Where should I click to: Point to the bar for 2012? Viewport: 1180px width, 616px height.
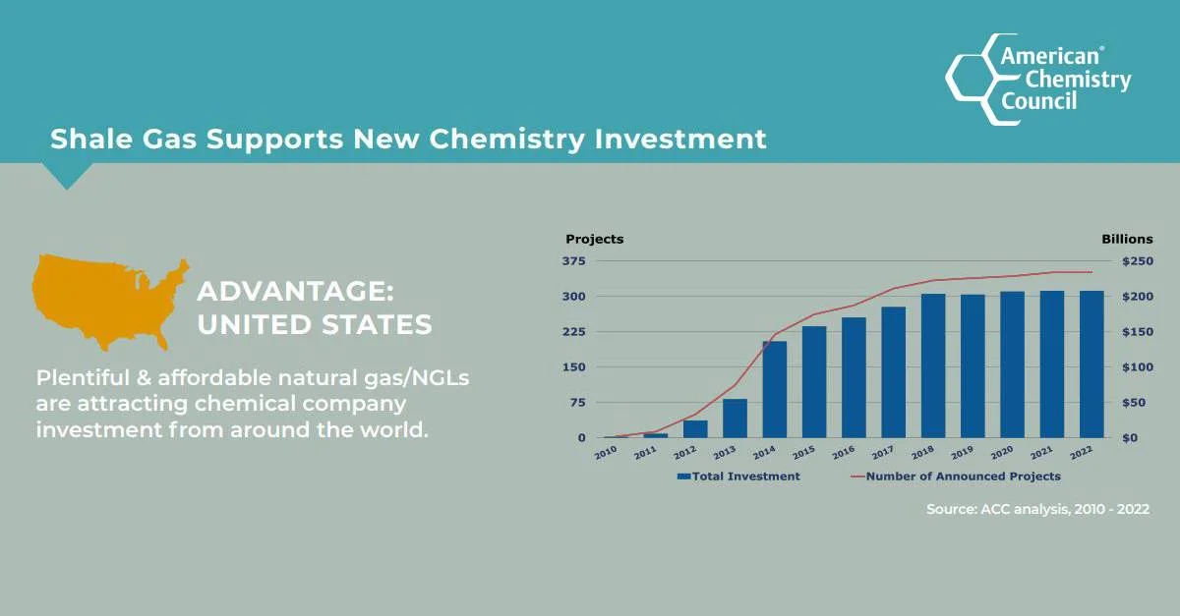point(695,428)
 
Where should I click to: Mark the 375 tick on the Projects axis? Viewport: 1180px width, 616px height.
point(574,261)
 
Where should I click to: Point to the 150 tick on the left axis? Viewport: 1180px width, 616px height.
point(574,367)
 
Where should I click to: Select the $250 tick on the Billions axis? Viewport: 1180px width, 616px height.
point(1138,261)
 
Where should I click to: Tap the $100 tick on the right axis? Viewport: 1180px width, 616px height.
point(1138,367)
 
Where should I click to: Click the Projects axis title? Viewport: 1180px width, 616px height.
point(594,239)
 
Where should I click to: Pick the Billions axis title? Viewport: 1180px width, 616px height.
point(1127,239)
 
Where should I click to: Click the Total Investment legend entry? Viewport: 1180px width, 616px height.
point(738,476)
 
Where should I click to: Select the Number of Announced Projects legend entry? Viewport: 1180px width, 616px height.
point(956,476)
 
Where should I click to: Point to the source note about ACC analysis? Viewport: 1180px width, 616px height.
point(1037,510)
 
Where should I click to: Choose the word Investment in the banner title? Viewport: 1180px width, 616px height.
point(680,139)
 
